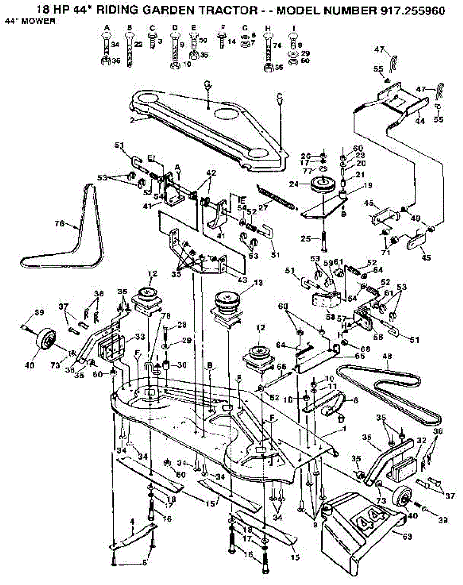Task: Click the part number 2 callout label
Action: pos(132,120)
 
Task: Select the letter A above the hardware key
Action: pos(106,27)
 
